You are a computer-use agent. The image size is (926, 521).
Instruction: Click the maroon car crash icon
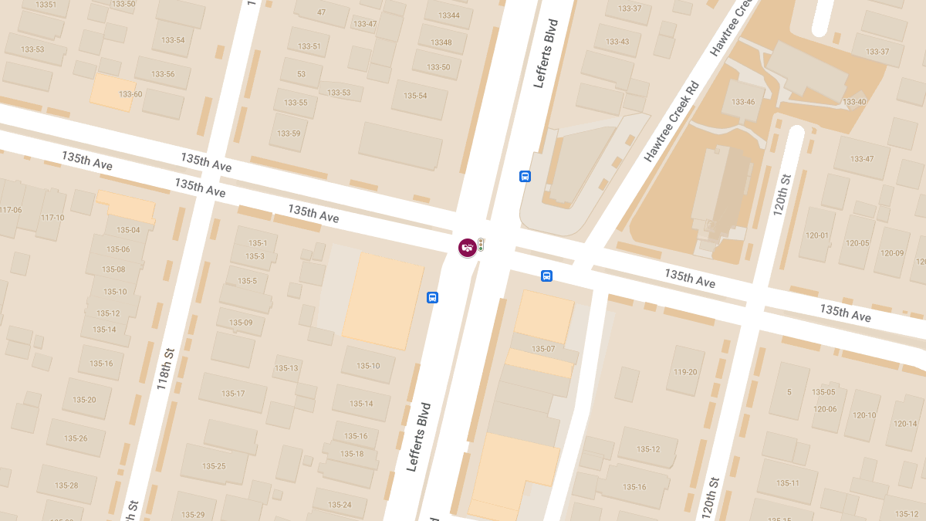[467, 247]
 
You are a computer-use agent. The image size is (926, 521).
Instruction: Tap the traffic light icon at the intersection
[481, 245]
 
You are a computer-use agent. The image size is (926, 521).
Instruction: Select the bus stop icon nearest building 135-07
[546, 276]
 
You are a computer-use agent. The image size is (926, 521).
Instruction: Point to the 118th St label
[165, 368]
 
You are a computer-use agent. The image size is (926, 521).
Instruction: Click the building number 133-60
[130, 94]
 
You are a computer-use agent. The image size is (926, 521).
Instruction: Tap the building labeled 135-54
[415, 96]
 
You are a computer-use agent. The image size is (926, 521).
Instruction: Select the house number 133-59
[289, 134]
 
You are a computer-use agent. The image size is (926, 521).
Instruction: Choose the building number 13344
[448, 15]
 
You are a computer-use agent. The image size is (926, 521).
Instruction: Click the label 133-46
[742, 102]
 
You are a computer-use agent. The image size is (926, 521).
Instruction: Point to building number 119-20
[685, 372]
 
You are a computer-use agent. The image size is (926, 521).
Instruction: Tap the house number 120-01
[816, 235]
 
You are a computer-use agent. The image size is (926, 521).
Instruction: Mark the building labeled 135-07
[543, 349]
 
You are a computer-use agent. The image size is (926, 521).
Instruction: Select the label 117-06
[11, 210]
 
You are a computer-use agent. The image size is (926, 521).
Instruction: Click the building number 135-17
[233, 394]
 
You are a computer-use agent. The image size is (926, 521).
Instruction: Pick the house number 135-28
[66, 485]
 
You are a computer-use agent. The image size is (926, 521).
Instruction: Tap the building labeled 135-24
[340, 505]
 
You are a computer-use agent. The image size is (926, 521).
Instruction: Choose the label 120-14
[905, 424]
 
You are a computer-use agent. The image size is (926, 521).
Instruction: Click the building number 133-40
[854, 102]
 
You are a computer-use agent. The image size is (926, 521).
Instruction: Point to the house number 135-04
[128, 230]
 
